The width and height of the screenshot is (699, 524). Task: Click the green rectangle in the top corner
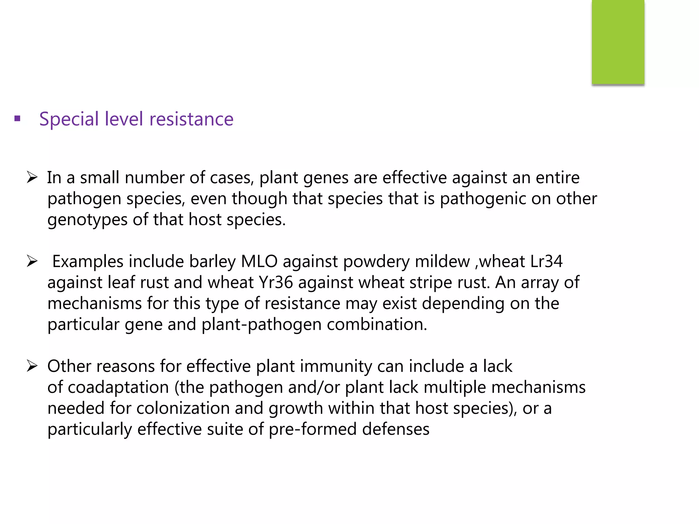(618, 42)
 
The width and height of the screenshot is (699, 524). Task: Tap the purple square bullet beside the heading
(17, 119)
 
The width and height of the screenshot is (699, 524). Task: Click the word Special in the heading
(69, 119)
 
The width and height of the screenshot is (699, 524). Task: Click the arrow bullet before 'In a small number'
(32, 177)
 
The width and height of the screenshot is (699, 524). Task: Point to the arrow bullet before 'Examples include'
(32, 261)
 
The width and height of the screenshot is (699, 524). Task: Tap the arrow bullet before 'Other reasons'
(32, 366)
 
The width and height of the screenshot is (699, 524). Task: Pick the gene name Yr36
(276, 282)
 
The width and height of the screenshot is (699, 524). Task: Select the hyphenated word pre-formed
(313, 429)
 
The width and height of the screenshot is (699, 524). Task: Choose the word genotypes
(87, 220)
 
